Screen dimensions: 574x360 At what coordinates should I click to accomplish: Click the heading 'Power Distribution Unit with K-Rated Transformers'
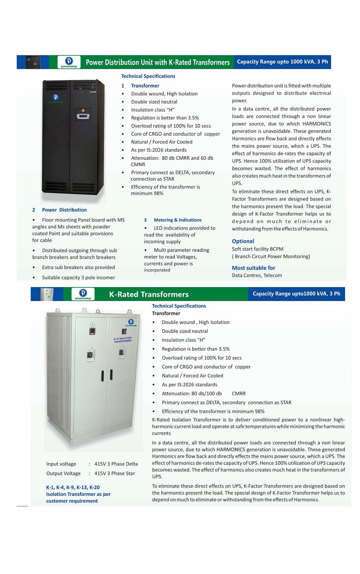coord(158,62)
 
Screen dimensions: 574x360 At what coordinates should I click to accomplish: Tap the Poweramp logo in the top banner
coord(69,62)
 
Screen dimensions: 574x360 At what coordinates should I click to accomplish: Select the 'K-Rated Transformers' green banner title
coord(149,294)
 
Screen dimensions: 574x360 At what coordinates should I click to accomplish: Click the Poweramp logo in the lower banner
coord(83,294)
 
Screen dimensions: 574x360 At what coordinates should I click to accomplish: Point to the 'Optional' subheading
coord(243,241)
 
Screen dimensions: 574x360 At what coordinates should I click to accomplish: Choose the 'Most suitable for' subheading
coord(253,268)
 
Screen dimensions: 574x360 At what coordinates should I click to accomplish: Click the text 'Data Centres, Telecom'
coord(257,275)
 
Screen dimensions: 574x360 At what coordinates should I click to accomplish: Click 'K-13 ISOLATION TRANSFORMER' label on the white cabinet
coord(123,340)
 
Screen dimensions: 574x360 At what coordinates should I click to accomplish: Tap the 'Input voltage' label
coord(61,464)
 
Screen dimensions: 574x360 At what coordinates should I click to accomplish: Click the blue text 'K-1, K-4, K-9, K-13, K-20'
coord(73,487)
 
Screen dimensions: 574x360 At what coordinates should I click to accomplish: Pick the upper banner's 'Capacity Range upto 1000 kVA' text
coord(282,62)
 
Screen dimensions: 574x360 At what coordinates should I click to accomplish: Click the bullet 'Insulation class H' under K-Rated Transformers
coord(183,340)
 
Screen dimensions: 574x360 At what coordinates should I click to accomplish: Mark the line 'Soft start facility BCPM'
coord(257,249)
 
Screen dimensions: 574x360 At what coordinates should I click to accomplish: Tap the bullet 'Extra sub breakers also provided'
coord(78,267)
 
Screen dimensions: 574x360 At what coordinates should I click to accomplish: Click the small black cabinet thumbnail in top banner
coord(33,62)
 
